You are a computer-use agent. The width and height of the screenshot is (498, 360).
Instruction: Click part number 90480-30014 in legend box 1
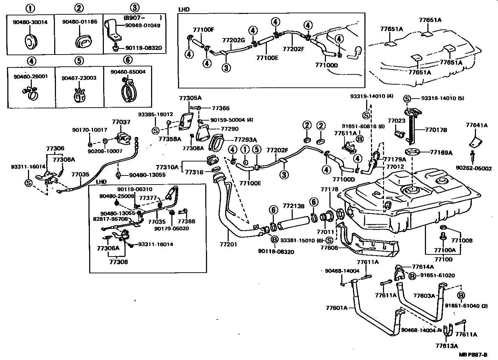click(x=30, y=22)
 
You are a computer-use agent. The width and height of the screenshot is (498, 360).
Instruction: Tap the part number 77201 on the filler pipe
click(x=228, y=244)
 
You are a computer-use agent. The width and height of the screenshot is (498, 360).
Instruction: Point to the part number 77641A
click(x=477, y=125)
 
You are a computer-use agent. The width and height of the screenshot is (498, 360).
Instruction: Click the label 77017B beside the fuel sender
click(x=436, y=130)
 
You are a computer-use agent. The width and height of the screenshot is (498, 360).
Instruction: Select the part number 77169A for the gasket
click(x=441, y=152)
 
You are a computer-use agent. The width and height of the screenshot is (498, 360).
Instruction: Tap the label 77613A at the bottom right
click(x=447, y=346)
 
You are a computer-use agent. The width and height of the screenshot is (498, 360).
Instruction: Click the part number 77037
click(x=121, y=122)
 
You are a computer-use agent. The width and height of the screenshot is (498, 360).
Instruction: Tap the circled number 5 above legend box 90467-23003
click(x=80, y=60)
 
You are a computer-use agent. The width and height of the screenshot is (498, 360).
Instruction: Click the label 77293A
click(x=245, y=139)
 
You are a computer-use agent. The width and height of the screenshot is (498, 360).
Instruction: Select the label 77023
click(x=396, y=121)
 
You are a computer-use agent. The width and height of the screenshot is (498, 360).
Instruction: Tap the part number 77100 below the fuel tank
click(x=443, y=259)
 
